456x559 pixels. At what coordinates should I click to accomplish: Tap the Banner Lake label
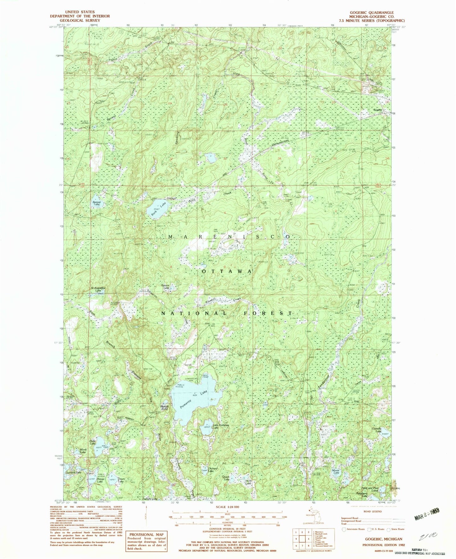96,203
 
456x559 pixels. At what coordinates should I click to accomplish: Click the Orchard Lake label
213,470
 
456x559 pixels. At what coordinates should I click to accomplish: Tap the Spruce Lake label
165,286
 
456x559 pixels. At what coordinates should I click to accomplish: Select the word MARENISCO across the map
229,237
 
